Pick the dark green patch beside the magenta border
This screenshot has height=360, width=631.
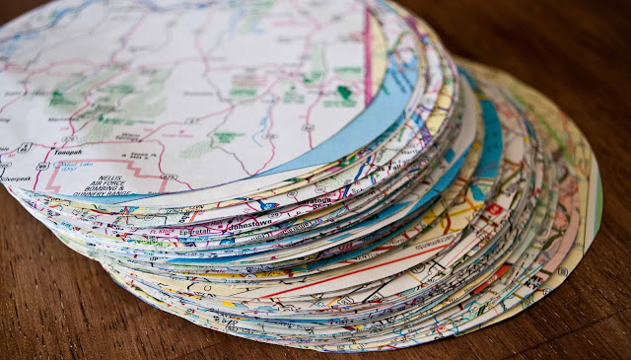[343, 95]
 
